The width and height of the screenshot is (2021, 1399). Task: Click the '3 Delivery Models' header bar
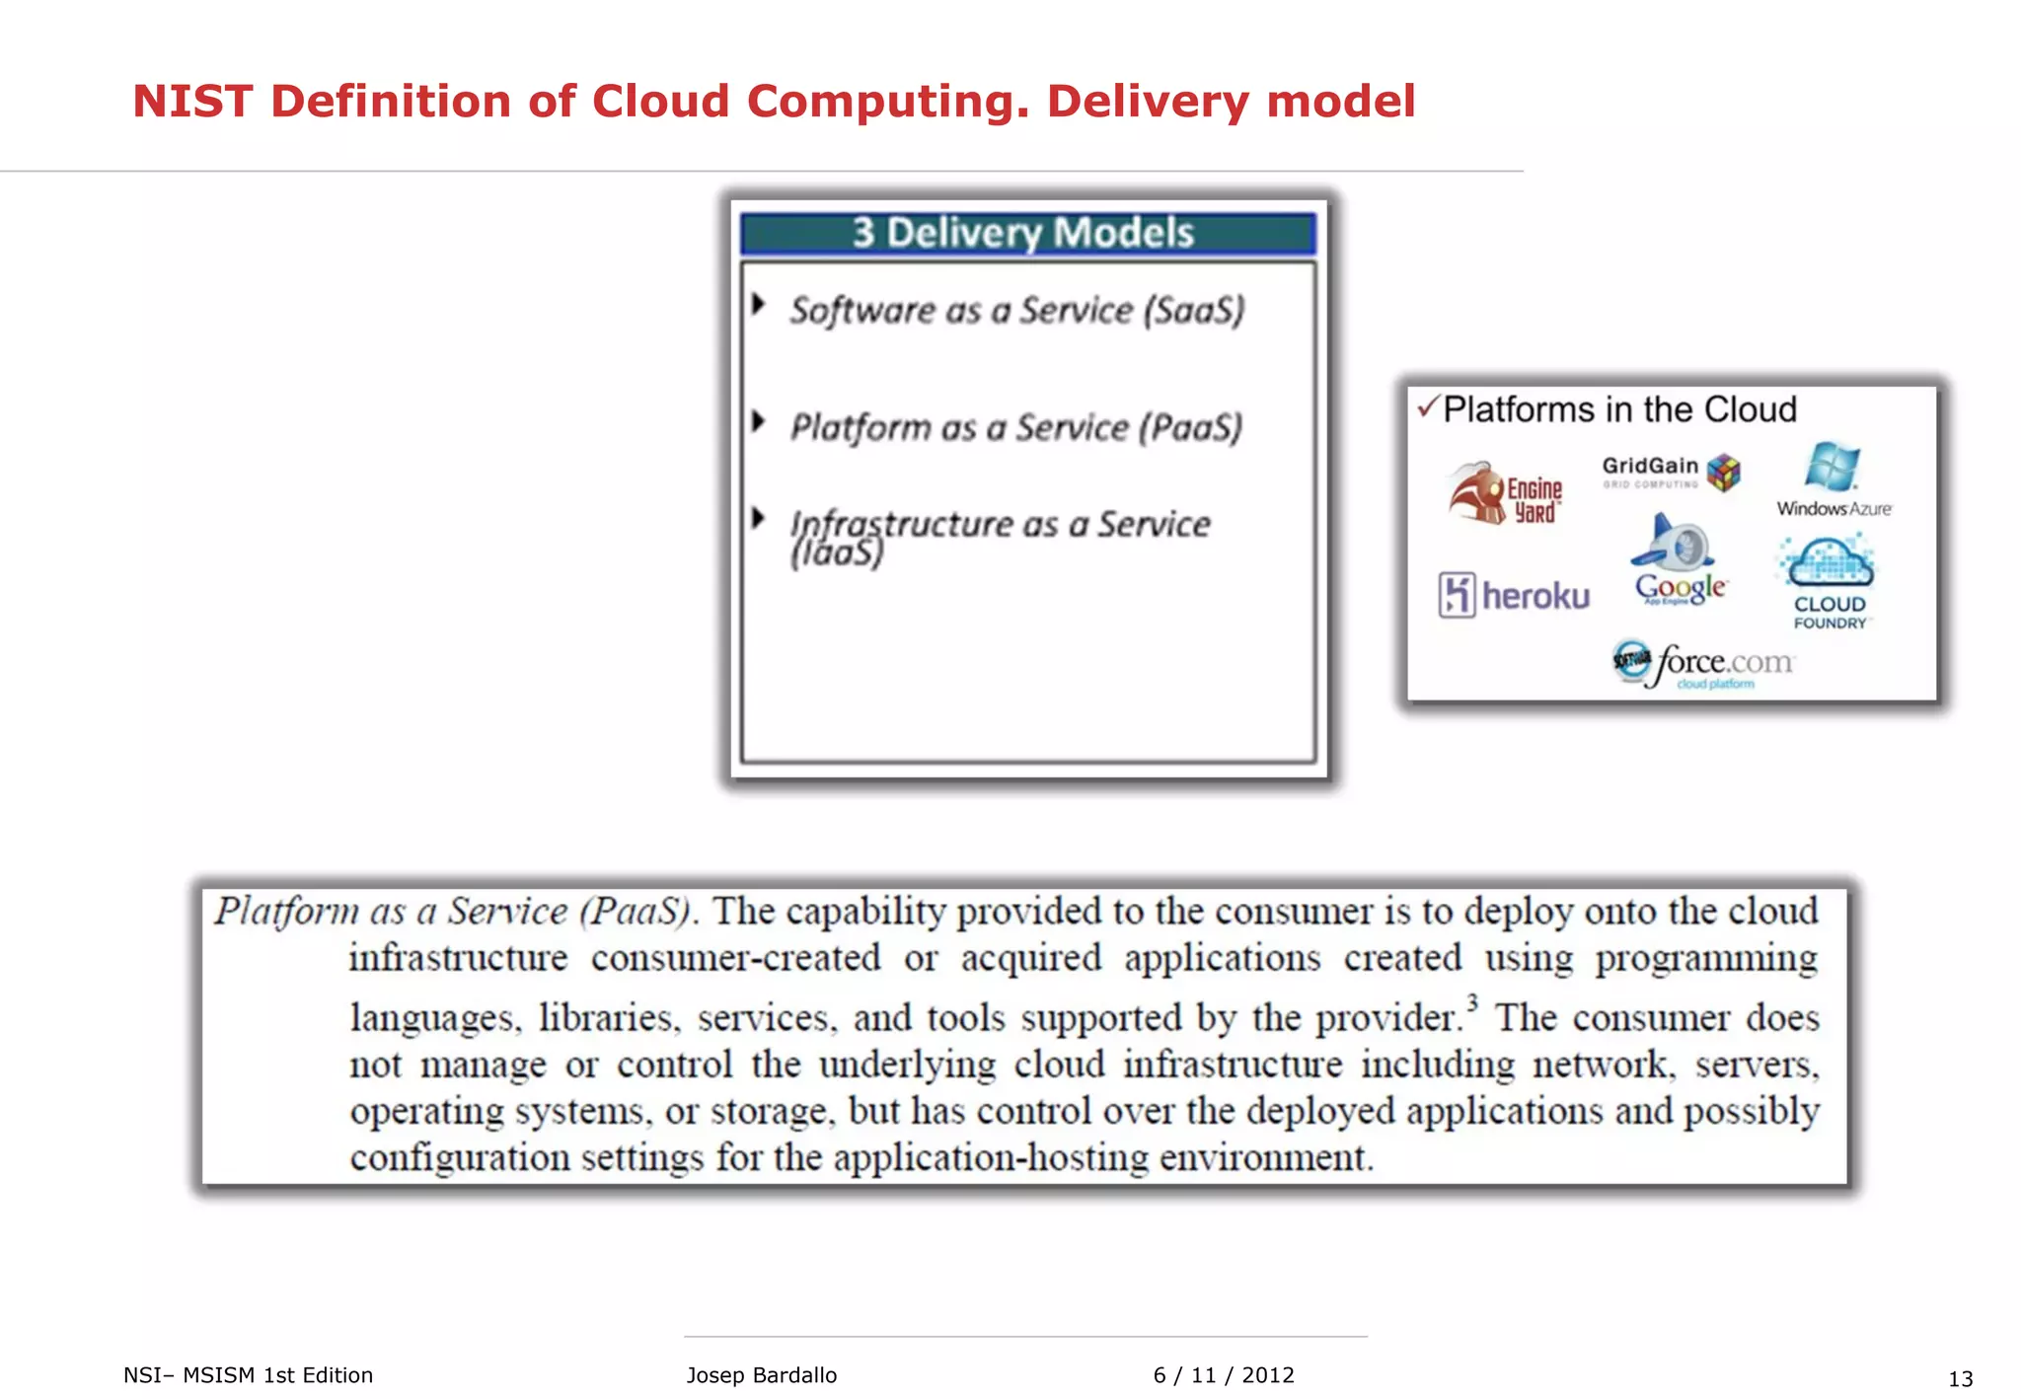point(1026,233)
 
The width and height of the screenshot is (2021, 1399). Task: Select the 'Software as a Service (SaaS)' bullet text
point(1016,311)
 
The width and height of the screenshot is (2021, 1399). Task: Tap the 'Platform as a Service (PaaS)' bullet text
point(1015,428)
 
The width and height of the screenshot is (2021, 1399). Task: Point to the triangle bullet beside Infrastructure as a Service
point(758,518)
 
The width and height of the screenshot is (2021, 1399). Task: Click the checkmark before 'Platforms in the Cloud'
point(1427,407)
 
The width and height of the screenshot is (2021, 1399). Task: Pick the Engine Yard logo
point(1505,492)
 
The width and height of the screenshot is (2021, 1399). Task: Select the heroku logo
point(1514,595)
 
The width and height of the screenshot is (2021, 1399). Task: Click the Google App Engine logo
point(1680,561)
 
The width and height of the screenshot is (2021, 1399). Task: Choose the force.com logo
point(1704,664)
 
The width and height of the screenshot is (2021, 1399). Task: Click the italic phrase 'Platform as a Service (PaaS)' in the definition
point(454,912)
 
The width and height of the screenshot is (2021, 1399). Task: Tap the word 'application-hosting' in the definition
point(990,1157)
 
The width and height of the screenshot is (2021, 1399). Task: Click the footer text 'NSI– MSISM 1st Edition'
point(248,1375)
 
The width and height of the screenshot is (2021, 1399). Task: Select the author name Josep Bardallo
point(761,1375)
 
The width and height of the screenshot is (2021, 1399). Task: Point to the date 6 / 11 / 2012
point(1224,1375)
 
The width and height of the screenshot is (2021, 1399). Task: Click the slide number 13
point(1960,1378)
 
